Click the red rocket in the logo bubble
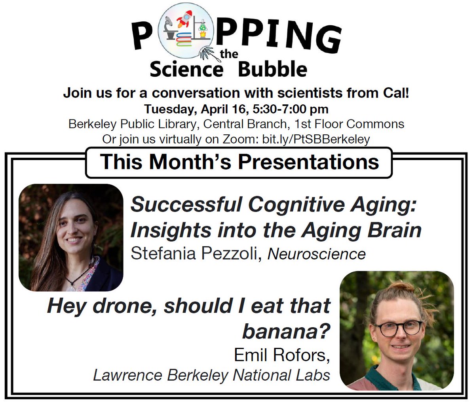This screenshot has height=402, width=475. coord(183,19)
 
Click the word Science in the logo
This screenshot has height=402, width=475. coord(186,70)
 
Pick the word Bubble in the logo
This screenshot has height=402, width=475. coord(272,70)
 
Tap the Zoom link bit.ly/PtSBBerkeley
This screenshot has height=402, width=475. coord(315,139)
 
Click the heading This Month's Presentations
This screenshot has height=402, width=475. coord(239,162)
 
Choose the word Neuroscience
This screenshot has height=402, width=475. coord(317,254)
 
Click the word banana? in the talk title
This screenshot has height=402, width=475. coord(286,332)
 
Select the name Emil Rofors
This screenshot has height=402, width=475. coord(281,355)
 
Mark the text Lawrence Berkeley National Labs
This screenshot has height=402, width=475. coord(211,375)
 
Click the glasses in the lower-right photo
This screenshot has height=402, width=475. coord(398,328)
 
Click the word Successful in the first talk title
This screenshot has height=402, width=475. coord(186,205)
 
